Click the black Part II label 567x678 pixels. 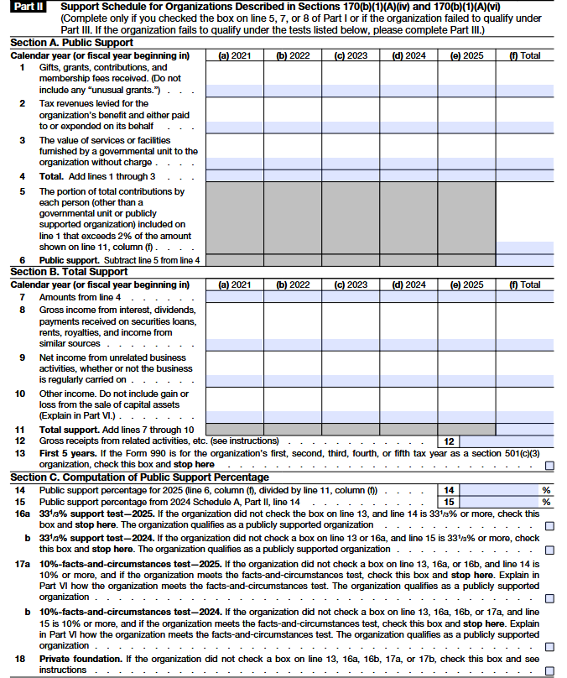point(29,7)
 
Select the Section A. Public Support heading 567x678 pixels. point(71,43)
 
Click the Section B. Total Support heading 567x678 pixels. point(68,272)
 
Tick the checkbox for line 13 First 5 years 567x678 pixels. point(549,465)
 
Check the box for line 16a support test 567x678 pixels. point(549,525)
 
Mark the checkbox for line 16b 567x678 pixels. point(549,550)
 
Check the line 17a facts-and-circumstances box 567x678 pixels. point(549,598)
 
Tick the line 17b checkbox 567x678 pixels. point(549,647)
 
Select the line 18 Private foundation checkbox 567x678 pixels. point(549,670)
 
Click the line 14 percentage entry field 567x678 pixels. point(501,489)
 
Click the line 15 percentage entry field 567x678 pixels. point(501,502)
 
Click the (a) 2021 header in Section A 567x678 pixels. point(235,56)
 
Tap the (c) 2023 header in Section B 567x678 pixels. point(351,284)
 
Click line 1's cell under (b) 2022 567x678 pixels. point(293,90)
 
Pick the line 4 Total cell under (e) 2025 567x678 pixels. point(466,176)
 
